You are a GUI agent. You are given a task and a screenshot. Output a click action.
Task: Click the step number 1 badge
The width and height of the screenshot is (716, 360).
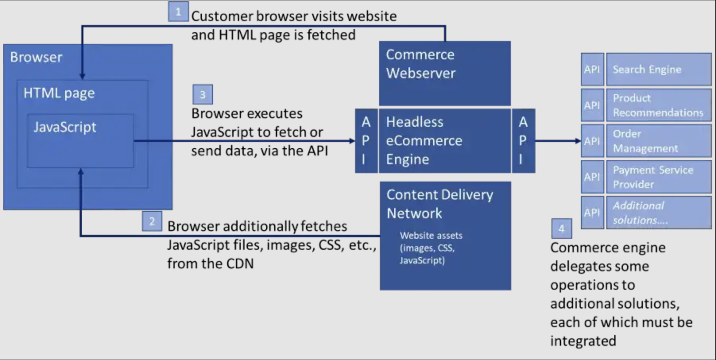(178, 12)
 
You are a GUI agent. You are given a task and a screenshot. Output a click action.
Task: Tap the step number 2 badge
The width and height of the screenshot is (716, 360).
(152, 221)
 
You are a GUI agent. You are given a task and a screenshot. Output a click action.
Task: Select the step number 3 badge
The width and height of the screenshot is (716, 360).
(202, 94)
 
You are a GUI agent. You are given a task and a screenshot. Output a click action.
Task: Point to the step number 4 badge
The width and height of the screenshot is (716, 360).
(561, 229)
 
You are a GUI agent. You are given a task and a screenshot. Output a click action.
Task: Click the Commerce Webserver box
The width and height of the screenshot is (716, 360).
(444, 73)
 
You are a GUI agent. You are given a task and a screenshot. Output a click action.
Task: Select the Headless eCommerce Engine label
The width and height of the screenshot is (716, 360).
(423, 141)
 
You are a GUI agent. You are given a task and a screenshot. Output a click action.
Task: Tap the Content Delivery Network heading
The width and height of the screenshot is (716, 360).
(439, 204)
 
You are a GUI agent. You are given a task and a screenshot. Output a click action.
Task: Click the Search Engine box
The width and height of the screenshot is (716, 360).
(658, 69)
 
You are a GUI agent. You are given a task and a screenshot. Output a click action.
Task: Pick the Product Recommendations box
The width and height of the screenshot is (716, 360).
(658, 105)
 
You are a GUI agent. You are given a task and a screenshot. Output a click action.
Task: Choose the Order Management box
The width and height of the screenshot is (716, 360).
(658, 141)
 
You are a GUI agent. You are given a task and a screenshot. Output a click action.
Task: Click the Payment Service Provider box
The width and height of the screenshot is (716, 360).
(658, 177)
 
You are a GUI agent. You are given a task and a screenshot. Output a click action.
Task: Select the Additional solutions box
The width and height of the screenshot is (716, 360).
(658, 213)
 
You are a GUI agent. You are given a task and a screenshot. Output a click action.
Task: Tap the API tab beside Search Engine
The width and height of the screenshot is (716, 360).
(592, 69)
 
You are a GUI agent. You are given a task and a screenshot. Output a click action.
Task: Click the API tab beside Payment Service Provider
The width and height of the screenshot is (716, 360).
(592, 177)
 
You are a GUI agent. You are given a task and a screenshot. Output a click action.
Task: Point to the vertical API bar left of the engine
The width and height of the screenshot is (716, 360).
(366, 141)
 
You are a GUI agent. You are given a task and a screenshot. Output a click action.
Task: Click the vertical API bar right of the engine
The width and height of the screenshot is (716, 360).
(523, 141)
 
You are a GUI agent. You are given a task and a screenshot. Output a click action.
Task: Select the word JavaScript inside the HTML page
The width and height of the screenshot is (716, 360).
(65, 127)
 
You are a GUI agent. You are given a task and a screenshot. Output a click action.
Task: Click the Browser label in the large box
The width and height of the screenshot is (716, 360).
(36, 57)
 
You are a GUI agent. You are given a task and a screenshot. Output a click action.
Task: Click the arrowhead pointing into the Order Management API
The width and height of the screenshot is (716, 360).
(578, 141)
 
